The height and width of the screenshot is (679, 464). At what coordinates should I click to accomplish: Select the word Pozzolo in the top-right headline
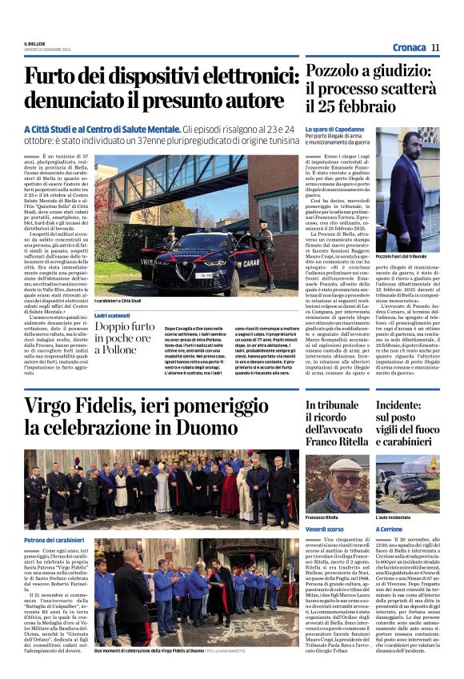pos(338,72)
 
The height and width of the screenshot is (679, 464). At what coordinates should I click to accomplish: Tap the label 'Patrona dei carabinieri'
pos(55,518)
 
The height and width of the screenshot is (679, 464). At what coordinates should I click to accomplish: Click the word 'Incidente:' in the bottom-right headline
pos(407,406)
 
